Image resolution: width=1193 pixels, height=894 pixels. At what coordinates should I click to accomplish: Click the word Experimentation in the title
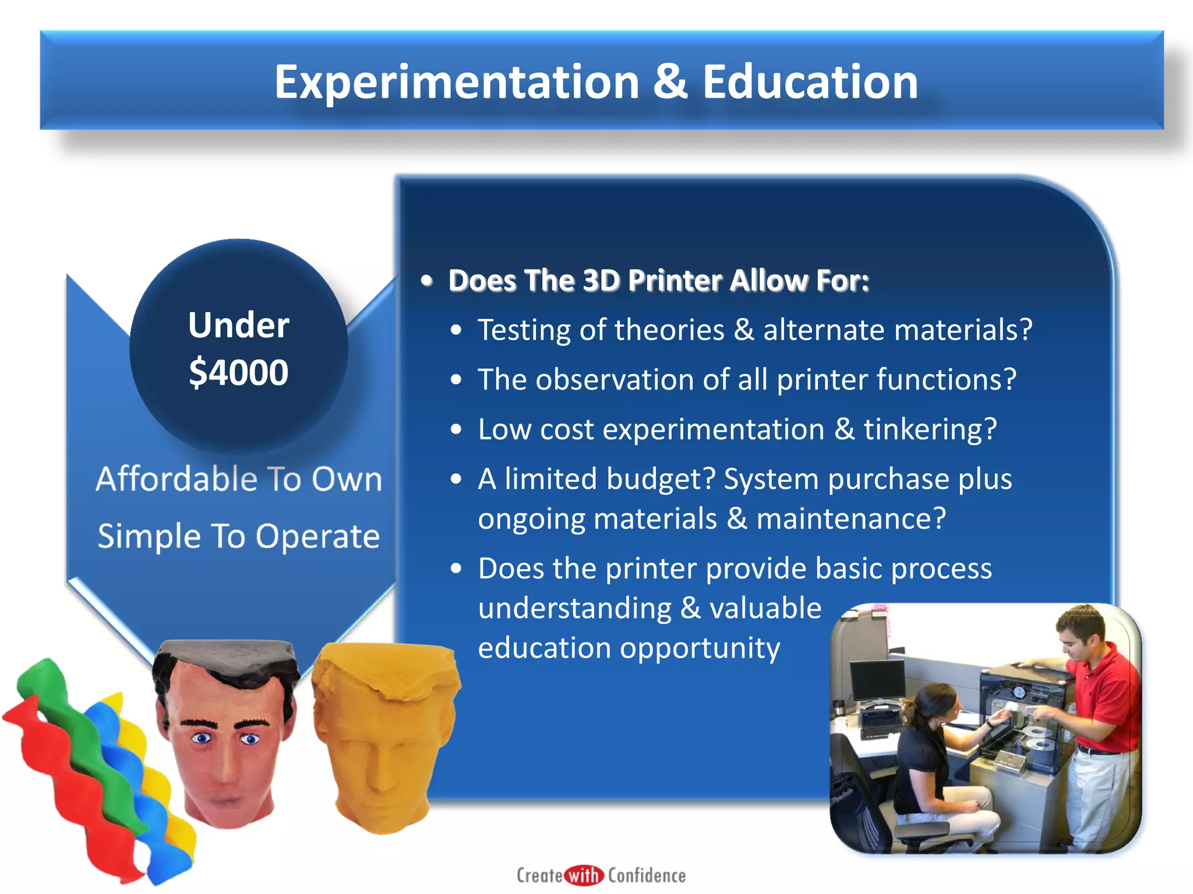[457, 82]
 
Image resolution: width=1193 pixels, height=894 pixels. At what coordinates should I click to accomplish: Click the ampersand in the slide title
[670, 82]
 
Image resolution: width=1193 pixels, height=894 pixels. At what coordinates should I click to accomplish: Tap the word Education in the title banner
[810, 82]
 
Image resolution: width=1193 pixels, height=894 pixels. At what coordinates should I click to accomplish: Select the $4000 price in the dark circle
[238, 372]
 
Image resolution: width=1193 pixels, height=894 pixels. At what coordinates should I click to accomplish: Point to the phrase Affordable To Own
[238, 479]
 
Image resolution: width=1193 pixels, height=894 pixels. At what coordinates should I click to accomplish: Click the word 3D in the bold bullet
[601, 281]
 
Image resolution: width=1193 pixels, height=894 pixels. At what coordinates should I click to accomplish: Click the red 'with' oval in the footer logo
[584, 875]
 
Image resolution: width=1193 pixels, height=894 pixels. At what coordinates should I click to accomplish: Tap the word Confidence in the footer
[647, 875]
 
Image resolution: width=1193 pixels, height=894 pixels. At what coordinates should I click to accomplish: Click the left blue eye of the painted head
[202, 739]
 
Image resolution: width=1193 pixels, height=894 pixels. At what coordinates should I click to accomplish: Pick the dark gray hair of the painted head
[227, 658]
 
